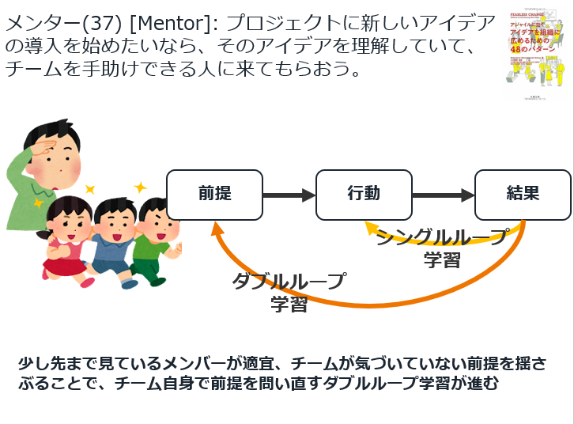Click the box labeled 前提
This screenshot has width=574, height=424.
pyautogui.click(x=214, y=195)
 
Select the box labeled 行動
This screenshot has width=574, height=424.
pyautogui.click(x=363, y=195)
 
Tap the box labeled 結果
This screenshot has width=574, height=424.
pyautogui.click(x=522, y=195)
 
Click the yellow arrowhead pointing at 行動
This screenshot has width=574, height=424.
pyautogui.click(x=370, y=227)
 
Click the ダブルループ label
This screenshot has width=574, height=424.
pyautogui.click(x=289, y=282)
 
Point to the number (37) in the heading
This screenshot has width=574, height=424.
pyautogui.click(x=100, y=25)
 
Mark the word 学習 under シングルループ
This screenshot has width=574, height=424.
pyautogui.click(x=441, y=259)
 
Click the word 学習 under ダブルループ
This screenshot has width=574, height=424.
pyautogui.click(x=289, y=305)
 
